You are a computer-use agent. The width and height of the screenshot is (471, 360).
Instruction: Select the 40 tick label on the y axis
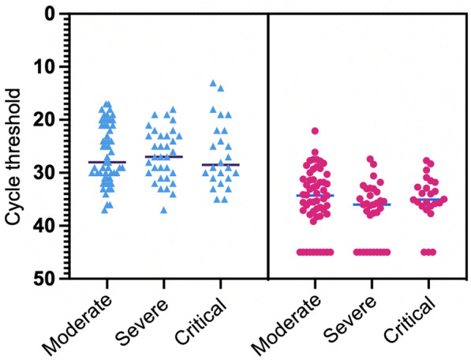(46, 226)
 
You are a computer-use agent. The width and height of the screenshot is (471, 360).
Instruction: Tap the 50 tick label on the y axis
(46, 279)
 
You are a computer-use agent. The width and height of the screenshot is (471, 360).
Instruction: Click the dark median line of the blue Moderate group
(107, 162)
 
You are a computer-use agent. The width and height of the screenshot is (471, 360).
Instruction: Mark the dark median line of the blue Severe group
(163, 156)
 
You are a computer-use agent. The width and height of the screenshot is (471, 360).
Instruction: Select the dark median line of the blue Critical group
(220, 165)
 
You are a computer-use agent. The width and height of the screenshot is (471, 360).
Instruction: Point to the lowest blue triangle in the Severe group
(163, 210)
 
